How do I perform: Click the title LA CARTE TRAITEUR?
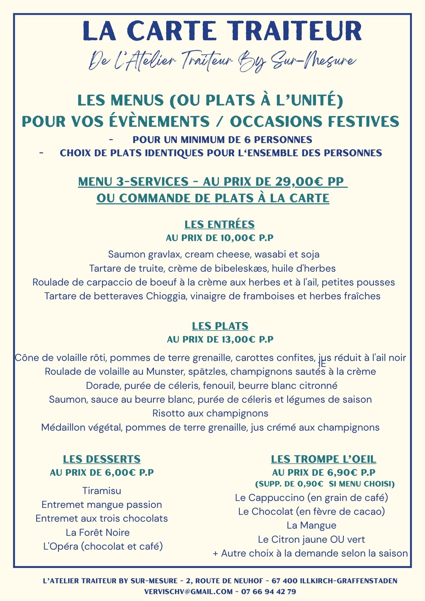tap(222, 31)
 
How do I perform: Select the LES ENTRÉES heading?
tap(219, 224)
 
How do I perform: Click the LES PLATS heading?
tap(220, 326)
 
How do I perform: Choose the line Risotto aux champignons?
tap(210, 413)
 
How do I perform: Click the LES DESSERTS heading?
tap(102, 459)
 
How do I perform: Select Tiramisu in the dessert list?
tap(102, 491)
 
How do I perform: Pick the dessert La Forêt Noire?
tap(98, 532)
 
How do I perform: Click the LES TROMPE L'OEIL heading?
tap(323, 459)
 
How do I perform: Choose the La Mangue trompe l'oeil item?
tap(311, 525)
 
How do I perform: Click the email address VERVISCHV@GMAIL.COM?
tap(188, 592)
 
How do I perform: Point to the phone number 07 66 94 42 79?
tap(268, 592)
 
